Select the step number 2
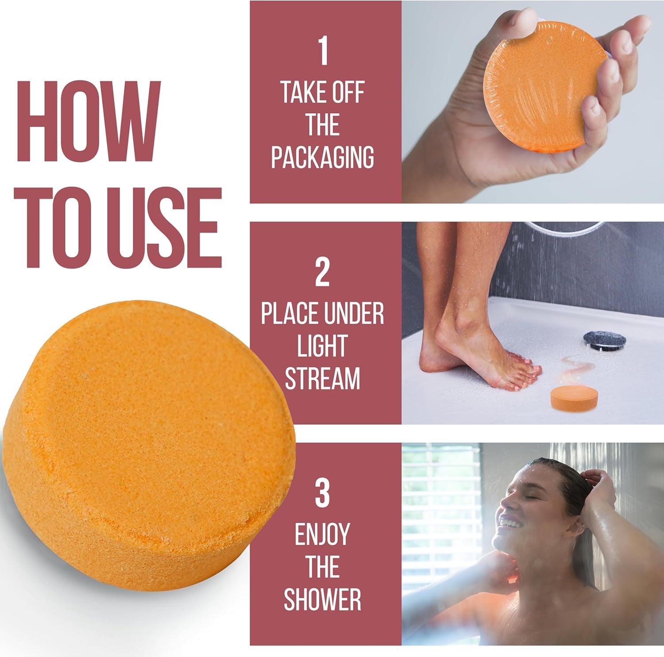pyautogui.click(x=322, y=273)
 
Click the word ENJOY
pyautogui.click(x=322, y=534)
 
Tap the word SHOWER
pyautogui.click(x=322, y=599)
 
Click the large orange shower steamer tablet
pyautogui.click(x=146, y=442)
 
